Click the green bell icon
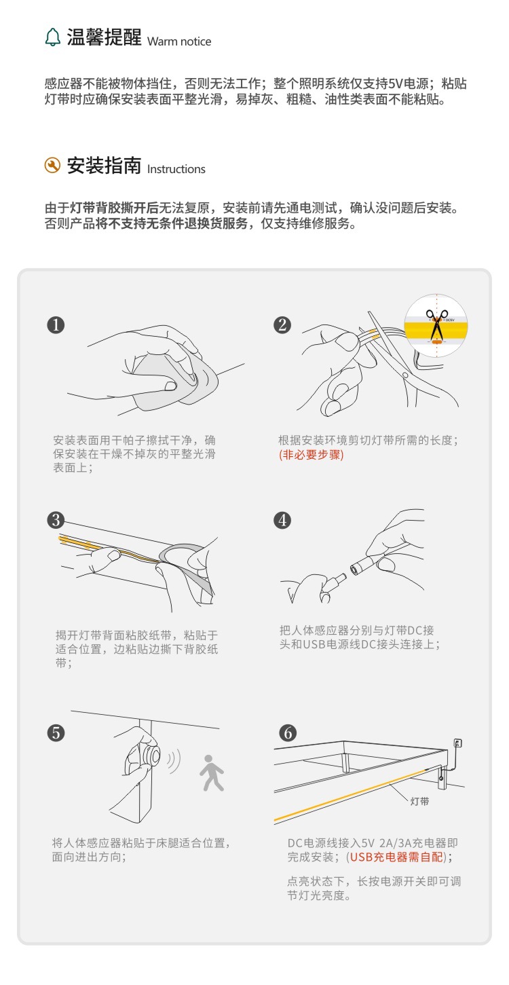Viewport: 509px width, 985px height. (53, 37)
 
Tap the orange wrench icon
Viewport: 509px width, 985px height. (52, 166)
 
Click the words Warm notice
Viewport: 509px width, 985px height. (179, 41)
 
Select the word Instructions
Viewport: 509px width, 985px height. (176, 169)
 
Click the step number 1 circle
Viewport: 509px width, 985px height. (56, 325)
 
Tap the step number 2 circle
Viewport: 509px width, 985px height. (282, 325)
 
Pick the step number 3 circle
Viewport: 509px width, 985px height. (56, 520)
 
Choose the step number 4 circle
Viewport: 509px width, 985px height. (282, 520)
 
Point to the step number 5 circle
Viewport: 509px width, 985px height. (56, 733)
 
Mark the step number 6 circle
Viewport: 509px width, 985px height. (288, 733)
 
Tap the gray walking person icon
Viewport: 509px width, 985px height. (212, 773)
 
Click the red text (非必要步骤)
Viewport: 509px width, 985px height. (312, 454)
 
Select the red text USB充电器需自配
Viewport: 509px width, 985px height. (396, 857)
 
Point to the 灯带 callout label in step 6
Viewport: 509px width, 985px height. (419, 801)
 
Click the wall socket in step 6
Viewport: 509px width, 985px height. (457, 743)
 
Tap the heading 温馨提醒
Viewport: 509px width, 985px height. (104, 37)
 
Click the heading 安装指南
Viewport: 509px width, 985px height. (104, 166)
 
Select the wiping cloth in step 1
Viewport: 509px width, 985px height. (176, 378)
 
